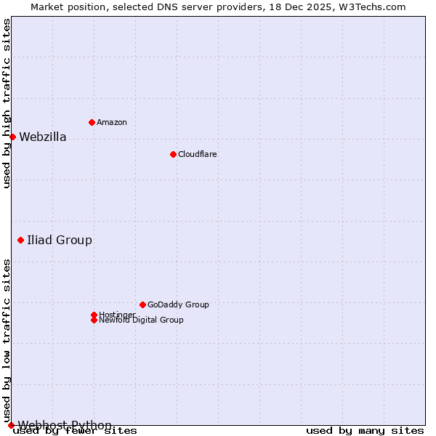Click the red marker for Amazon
(92, 122)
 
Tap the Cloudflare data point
(173, 154)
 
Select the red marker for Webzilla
(12, 137)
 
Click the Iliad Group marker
(20, 240)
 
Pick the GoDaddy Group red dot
(142, 304)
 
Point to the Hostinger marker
(94, 315)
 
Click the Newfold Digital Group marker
(94, 320)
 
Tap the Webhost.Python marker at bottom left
(11, 425)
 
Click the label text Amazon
(112, 122)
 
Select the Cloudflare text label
(197, 154)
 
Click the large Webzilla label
(42, 137)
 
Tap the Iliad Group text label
(60, 240)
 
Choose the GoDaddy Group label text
(178, 304)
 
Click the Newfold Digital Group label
(141, 320)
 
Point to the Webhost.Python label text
(65, 425)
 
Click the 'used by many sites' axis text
(365, 430)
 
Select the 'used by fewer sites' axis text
(75, 430)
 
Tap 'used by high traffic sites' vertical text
(7, 103)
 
